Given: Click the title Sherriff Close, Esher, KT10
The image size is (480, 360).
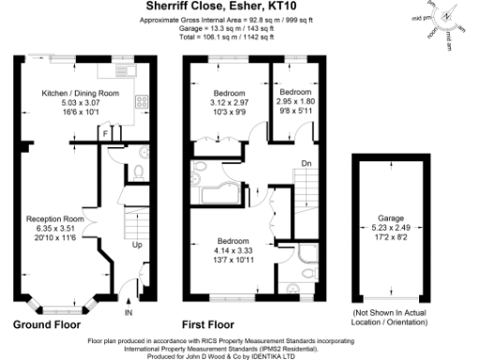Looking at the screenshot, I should [214, 7].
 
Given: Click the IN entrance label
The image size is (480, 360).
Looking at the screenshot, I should [128, 312].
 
